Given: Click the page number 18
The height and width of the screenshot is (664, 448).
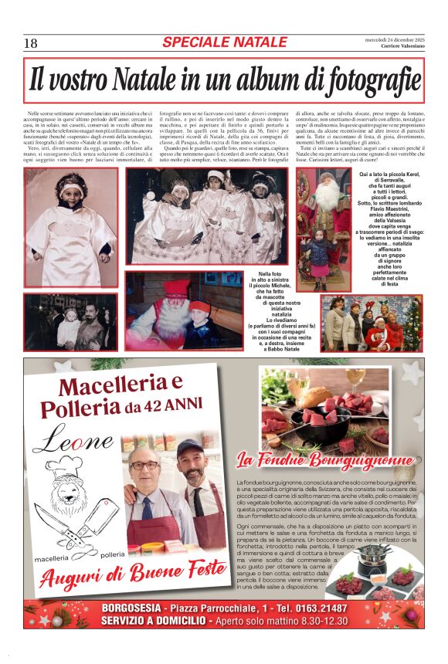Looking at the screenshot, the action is coord(30,43).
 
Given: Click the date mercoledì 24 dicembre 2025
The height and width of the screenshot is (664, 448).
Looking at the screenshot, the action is coord(395,40).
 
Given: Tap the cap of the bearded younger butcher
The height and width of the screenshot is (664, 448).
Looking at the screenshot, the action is coord(190,448).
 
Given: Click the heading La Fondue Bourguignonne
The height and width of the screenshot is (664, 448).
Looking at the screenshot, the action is coord(324,461).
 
